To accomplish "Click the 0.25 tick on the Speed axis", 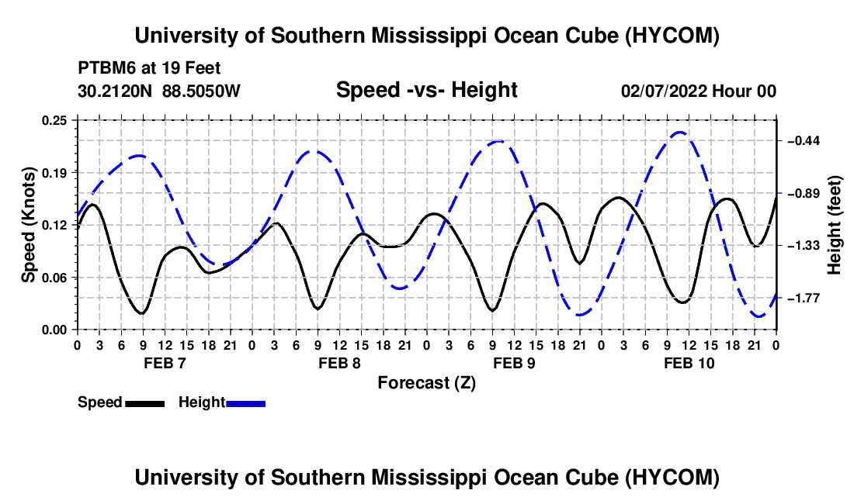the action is [x=54, y=120].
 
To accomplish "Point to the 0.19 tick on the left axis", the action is [x=54, y=173].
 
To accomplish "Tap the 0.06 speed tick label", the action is [x=54, y=278].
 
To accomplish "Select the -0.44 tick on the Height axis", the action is [x=804, y=141].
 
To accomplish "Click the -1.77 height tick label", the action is [x=804, y=299].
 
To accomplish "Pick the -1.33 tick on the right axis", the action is [x=804, y=247].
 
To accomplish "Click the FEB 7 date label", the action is [x=165, y=363].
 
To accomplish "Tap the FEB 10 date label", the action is [x=689, y=363].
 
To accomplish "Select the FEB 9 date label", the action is [x=514, y=363].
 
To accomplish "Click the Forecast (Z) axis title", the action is [x=426, y=383].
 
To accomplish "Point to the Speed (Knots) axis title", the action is [x=28, y=225].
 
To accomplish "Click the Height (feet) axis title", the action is [x=834, y=225].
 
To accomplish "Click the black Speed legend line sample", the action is [x=145, y=404].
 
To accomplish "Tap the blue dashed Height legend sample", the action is [x=245, y=404].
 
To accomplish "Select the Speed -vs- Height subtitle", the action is [x=426, y=90].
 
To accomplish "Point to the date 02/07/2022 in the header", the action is [x=664, y=91].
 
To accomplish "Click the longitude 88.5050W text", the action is [x=201, y=91].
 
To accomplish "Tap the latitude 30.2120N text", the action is [x=115, y=91].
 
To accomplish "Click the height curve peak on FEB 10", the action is [x=679, y=132].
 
